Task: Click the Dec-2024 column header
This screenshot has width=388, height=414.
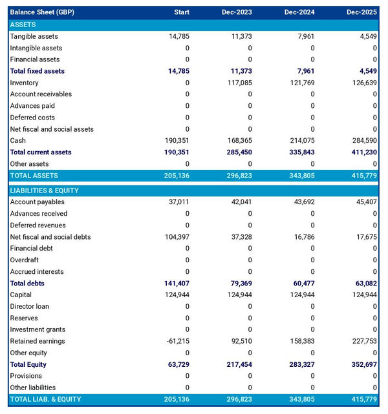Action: tap(301, 12)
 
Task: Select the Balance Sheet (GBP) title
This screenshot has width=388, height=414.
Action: tap(41, 12)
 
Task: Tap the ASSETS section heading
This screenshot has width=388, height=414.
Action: tap(23, 25)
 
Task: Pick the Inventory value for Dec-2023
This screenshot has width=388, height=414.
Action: tap(238, 83)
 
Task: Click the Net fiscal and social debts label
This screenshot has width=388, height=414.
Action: tap(50, 237)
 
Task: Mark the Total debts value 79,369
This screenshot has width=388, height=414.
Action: tap(239, 284)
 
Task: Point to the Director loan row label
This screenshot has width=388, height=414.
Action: tap(30, 306)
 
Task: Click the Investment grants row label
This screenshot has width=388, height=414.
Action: tap(38, 329)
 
